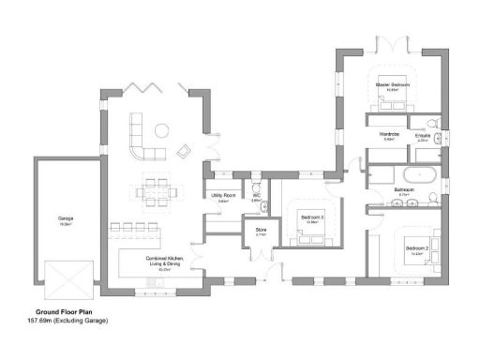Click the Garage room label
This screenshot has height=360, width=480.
pos(66,221)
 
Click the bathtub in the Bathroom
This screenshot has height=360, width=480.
pos(418,175)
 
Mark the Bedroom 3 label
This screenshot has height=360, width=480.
pos(311,219)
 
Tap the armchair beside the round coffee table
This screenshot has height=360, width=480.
pos(184,148)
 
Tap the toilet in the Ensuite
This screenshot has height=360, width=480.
pos(434,124)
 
